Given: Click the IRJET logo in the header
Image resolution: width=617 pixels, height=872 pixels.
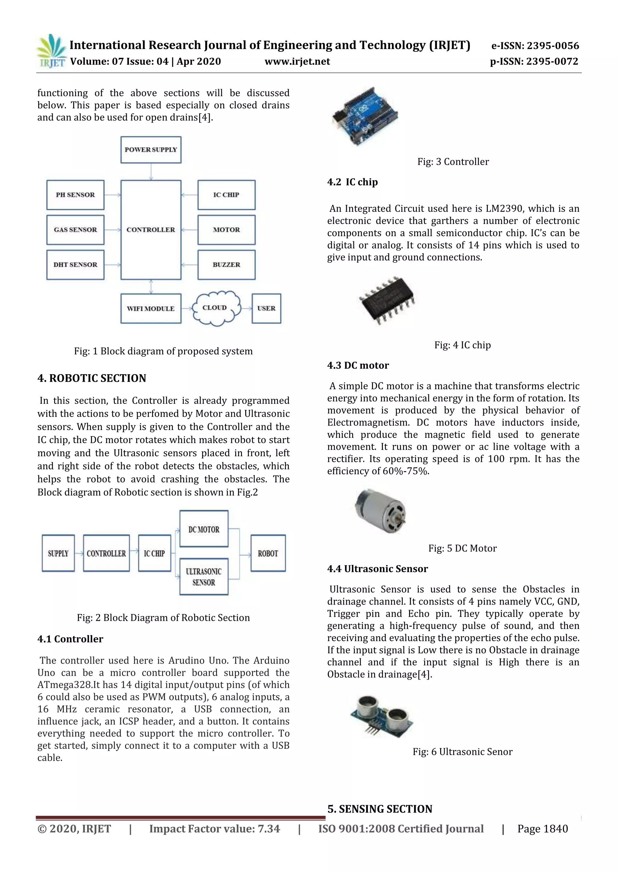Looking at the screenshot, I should (51, 51).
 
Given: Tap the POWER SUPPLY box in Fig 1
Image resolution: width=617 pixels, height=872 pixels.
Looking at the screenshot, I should (151, 150).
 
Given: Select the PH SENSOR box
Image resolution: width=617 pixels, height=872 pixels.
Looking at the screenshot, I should (75, 195).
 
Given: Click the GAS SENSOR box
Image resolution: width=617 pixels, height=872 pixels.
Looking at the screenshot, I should (75, 230).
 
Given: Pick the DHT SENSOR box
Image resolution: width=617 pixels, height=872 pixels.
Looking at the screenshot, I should (75, 265).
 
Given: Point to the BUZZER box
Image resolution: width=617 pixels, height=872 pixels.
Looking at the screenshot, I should (227, 265).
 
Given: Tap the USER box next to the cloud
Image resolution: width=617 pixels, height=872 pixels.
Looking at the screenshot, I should (266, 308).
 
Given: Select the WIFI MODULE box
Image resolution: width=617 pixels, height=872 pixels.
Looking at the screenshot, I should (151, 308).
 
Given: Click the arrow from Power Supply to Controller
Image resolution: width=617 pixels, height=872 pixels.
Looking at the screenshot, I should (151, 172).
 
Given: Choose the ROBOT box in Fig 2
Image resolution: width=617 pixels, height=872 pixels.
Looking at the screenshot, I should (268, 553).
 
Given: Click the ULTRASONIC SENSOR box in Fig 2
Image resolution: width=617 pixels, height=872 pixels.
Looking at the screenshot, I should (204, 577).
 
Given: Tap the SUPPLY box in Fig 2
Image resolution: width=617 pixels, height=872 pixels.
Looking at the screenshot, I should (58, 553).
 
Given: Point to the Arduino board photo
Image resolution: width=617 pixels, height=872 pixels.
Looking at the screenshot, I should (365, 116).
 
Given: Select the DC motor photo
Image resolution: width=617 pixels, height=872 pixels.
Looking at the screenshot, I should (380, 510).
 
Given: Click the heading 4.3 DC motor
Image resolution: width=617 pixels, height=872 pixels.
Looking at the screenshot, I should (358, 365).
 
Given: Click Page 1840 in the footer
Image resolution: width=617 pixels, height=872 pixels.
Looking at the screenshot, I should (542, 829).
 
